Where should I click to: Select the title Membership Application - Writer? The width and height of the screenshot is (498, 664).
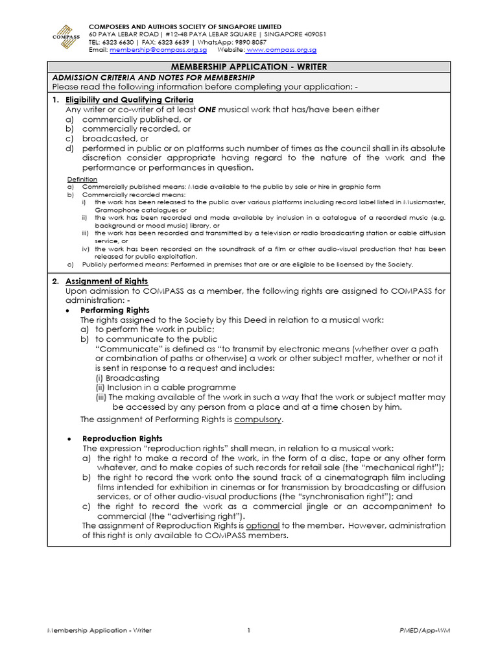pos(248,67)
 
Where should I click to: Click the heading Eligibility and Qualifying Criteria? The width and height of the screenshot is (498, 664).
pos(129,100)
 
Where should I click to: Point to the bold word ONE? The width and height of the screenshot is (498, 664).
pos(206,110)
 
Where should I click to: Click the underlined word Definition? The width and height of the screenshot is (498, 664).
pos(82,179)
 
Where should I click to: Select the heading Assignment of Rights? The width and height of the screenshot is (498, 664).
pos(106,281)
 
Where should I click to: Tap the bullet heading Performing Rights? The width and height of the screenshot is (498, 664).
pos(115,310)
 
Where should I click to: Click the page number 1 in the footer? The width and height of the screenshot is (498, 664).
pos(248,630)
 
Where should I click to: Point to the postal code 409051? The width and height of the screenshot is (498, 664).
pos(311,34)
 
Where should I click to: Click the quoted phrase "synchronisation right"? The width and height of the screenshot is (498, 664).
pos(343,496)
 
